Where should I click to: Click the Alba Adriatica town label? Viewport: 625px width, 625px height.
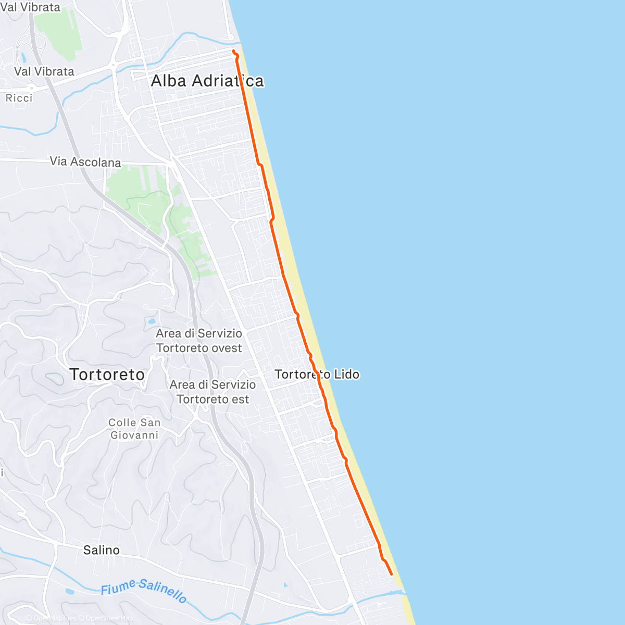(207, 81)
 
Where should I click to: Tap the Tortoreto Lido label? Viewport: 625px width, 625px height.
(317, 374)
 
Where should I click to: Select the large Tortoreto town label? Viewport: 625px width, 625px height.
(107, 374)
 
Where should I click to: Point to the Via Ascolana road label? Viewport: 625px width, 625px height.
(85, 162)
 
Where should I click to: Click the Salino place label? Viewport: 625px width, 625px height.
(102, 550)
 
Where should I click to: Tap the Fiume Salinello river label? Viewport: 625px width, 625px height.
(143, 591)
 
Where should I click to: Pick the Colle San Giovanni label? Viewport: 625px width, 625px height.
(134, 429)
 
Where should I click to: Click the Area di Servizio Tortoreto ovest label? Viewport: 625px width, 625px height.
(199, 341)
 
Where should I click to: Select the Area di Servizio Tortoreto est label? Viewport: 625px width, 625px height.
(213, 392)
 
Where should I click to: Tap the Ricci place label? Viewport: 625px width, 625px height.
(19, 98)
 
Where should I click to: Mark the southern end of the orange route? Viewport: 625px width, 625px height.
(391, 574)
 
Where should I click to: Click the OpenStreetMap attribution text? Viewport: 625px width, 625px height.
(109, 619)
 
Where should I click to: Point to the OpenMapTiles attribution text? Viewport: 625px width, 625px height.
(55, 619)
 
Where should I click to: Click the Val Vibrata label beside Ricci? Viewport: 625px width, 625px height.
(44, 71)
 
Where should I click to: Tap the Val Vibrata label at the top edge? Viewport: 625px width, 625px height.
(30, 7)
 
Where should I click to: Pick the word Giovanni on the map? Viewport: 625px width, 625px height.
(134, 435)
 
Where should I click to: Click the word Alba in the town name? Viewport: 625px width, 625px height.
(169, 81)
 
